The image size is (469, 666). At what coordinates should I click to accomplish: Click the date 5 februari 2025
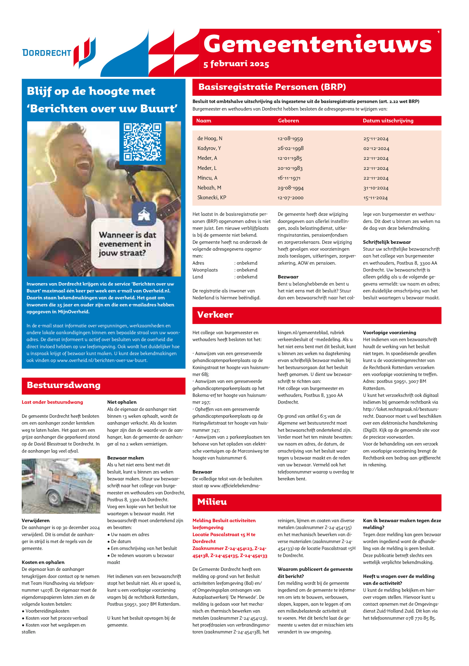(236, 64)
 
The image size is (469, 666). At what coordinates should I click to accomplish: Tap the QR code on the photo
(142, 142)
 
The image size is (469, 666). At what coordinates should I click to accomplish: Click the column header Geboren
(288, 121)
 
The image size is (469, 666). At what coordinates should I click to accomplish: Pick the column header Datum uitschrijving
(388, 121)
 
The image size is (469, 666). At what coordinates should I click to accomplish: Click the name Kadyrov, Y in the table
(209, 148)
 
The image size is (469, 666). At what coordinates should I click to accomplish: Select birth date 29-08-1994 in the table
(290, 188)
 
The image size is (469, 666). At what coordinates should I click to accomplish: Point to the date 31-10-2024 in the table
(376, 188)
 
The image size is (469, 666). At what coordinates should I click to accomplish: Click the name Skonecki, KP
(212, 197)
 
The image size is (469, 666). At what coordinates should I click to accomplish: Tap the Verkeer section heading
(215, 315)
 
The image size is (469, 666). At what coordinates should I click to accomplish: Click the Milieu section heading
(212, 502)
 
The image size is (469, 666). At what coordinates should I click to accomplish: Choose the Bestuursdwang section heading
(64, 385)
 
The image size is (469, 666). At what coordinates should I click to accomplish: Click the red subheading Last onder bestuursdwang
(52, 402)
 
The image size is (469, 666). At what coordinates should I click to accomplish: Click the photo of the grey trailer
(61, 486)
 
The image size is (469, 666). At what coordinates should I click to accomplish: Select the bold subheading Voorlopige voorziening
(389, 332)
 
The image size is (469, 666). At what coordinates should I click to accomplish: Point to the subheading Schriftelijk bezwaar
(387, 242)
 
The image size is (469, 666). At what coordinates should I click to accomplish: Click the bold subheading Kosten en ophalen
(43, 562)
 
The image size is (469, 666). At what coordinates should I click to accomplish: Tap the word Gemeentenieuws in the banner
(317, 45)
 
